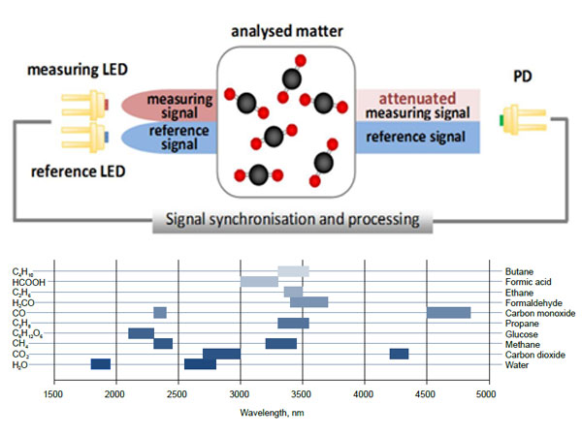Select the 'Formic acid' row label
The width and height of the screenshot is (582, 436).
[x=526, y=282]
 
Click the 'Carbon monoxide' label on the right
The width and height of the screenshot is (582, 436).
[x=540, y=313]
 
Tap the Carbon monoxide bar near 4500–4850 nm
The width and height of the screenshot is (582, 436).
[x=448, y=313]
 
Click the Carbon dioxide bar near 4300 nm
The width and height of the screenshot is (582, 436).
[x=399, y=354]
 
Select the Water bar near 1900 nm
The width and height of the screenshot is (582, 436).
[x=101, y=364]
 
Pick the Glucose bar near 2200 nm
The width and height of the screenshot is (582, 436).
[x=142, y=333]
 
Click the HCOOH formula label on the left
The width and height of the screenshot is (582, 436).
[x=27, y=282]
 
